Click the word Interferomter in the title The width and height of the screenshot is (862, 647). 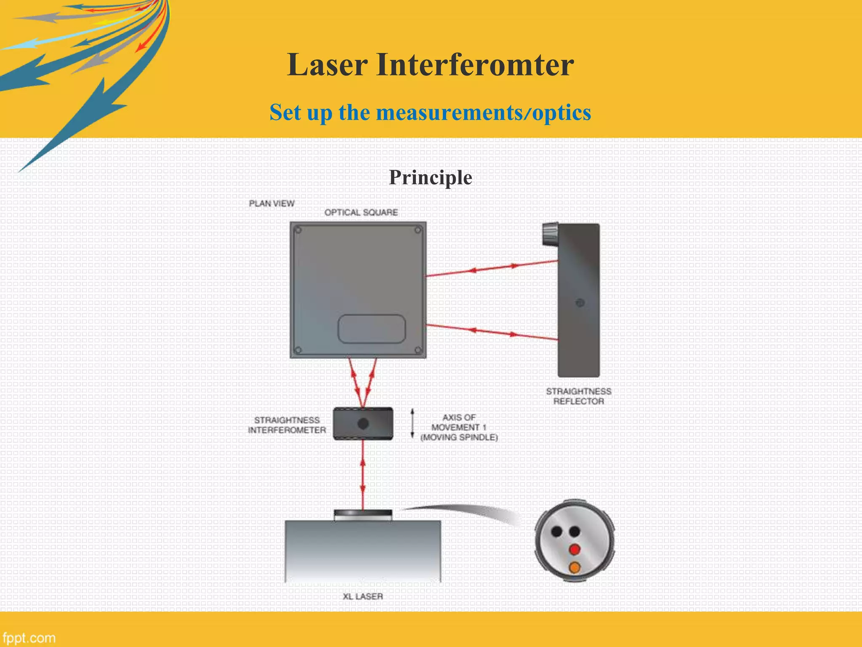(475, 65)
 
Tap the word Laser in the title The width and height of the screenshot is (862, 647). (327, 65)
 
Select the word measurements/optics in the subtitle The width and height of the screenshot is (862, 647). (483, 113)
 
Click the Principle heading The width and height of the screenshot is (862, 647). (430, 177)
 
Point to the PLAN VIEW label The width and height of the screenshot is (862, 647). (271, 204)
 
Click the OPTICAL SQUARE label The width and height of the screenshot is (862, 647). (361, 213)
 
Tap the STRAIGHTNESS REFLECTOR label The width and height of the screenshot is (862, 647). (579, 396)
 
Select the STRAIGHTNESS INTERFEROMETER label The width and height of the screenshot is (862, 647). (287, 425)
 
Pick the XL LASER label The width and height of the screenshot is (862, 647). (363, 596)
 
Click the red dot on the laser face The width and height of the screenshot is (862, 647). (575, 549)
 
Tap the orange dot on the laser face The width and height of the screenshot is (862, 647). (575, 568)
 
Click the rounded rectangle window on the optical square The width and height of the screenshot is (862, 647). (371, 329)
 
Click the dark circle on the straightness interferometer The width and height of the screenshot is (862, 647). (363, 424)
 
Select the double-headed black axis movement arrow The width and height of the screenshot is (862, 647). (412, 424)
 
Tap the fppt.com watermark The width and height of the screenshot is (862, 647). (29, 638)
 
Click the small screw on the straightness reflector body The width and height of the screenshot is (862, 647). (580, 302)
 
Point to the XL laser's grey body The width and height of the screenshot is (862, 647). (363, 552)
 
